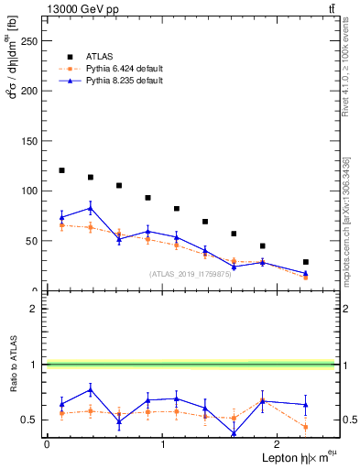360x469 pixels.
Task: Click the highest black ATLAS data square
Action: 61,170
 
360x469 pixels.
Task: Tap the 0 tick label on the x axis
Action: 47,444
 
